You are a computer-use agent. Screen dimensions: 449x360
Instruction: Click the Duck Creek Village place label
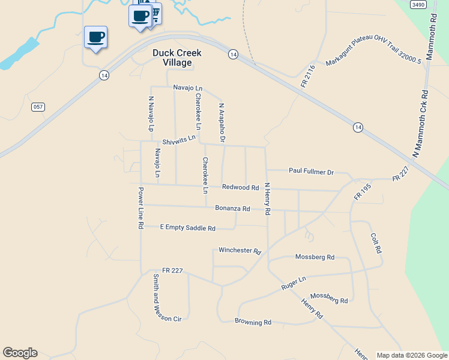click(x=176, y=58)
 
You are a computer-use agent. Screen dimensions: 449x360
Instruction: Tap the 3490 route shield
click(x=418, y=4)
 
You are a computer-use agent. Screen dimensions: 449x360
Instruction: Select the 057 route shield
click(x=38, y=106)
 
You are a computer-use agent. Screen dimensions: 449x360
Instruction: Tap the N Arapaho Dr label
click(x=221, y=123)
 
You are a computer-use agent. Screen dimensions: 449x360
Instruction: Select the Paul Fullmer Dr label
click(x=311, y=172)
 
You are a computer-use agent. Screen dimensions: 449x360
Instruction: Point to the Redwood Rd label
click(x=240, y=188)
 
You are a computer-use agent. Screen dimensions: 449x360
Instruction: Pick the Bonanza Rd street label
click(x=232, y=209)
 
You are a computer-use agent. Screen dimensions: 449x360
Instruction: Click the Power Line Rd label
click(x=140, y=208)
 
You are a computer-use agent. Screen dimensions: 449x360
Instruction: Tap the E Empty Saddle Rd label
click(x=187, y=228)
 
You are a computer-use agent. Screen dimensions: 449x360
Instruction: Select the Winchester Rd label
click(x=240, y=250)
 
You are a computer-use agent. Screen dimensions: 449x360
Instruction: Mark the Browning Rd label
click(x=253, y=322)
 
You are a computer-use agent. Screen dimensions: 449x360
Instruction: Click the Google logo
click(x=20, y=353)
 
